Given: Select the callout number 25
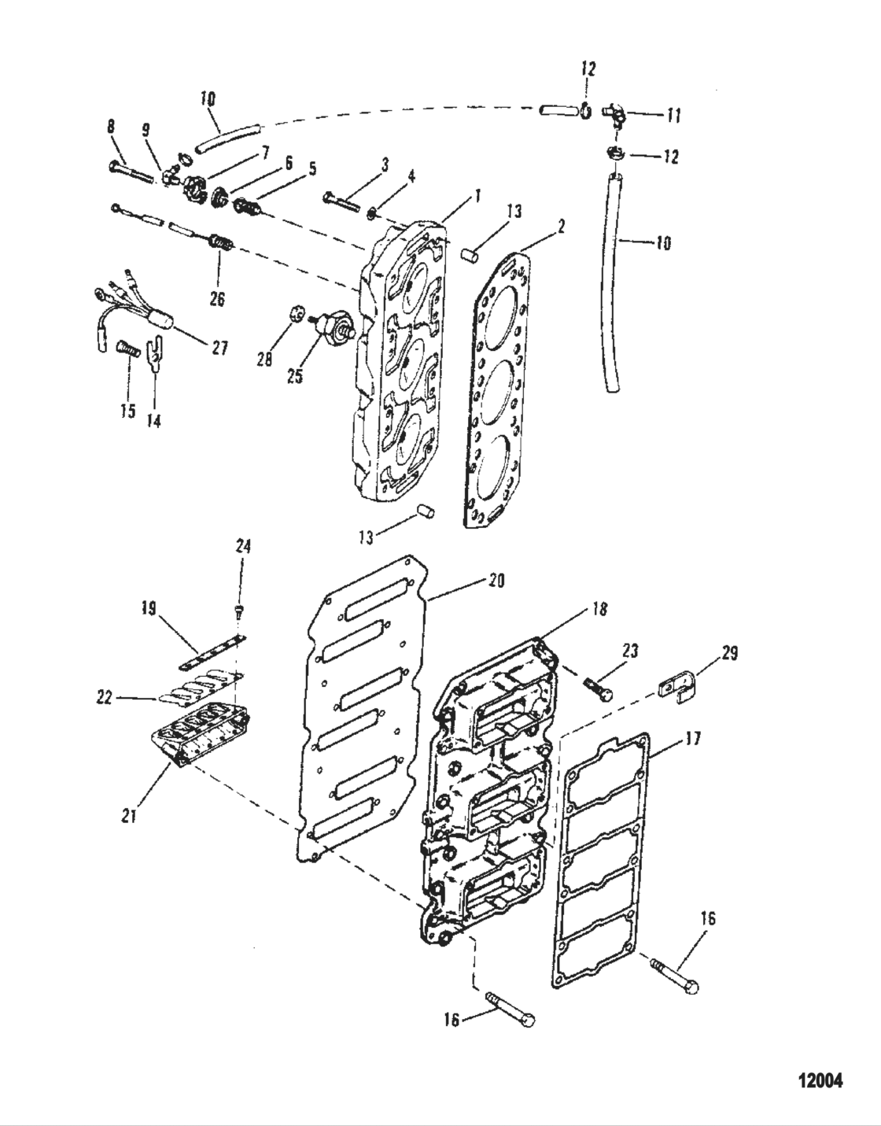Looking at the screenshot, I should [294, 377].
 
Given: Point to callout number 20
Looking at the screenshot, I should [496, 581].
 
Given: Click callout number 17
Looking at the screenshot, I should [693, 739].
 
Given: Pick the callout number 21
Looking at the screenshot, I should [129, 816].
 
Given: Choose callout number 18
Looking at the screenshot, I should [599, 609].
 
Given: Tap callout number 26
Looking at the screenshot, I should [216, 299].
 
